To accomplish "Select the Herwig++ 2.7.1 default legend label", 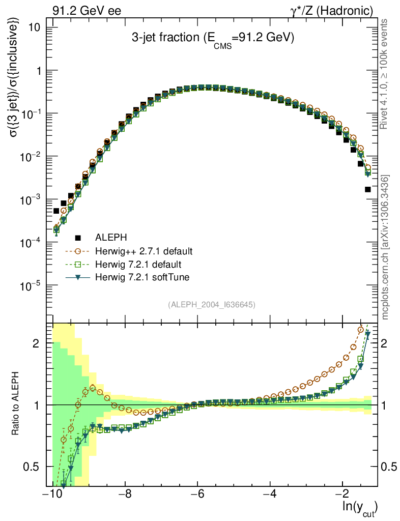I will [143, 251].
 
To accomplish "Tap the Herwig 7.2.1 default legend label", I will [138, 264].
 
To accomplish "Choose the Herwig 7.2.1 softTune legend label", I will [141, 277].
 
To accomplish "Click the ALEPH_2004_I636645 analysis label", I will [212, 304].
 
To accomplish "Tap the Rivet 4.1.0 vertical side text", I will [385, 74].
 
